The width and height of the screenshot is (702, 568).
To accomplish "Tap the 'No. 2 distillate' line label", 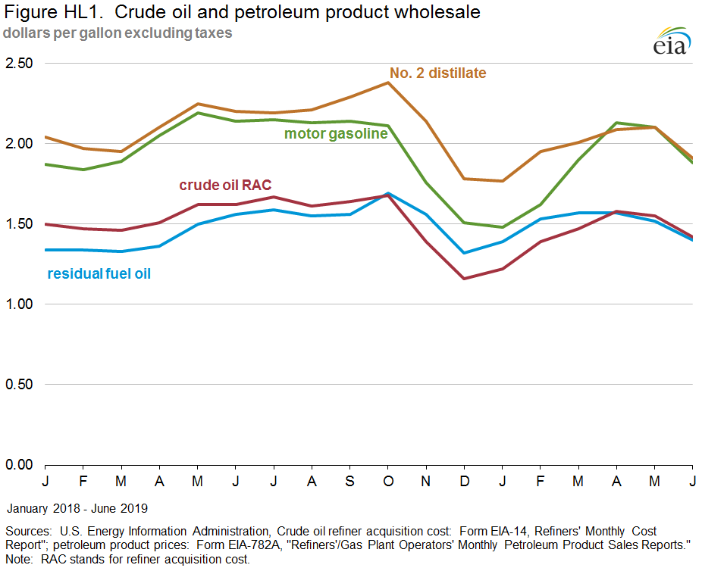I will (x=437, y=73).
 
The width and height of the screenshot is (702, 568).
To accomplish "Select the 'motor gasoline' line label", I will (x=336, y=134).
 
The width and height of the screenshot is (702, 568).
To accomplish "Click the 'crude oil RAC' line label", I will (x=225, y=186).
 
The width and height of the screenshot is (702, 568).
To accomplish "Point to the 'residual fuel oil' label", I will (x=99, y=273).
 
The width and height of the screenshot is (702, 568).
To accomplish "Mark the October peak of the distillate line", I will (x=388, y=83).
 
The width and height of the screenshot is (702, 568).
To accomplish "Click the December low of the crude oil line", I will (x=464, y=279).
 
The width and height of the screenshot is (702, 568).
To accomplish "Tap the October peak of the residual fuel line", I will (x=388, y=193).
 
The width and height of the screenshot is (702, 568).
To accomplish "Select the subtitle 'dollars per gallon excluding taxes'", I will (x=118, y=33).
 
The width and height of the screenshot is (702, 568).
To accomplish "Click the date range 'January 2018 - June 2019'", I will (x=77, y=507).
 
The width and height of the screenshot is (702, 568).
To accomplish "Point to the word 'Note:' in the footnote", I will (x=20, y=559).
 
